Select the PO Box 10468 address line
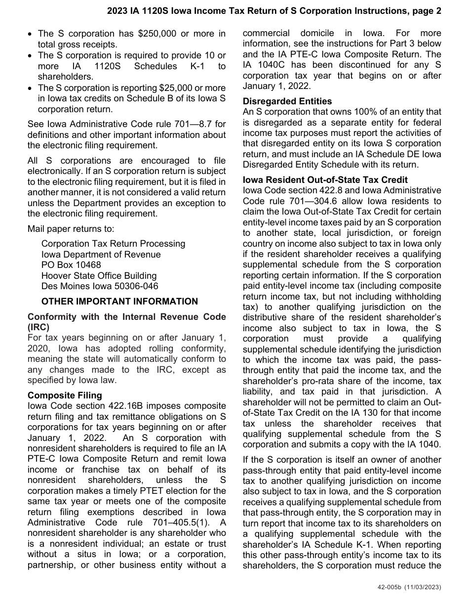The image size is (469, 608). click(x=71, y=265)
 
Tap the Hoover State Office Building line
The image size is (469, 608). click(x=99, y=276)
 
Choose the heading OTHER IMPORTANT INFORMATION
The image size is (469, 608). click(x=119, y=302)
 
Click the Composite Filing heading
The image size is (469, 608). click(x=65, y=395)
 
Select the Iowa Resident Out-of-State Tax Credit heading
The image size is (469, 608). click(x=325, y=179)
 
